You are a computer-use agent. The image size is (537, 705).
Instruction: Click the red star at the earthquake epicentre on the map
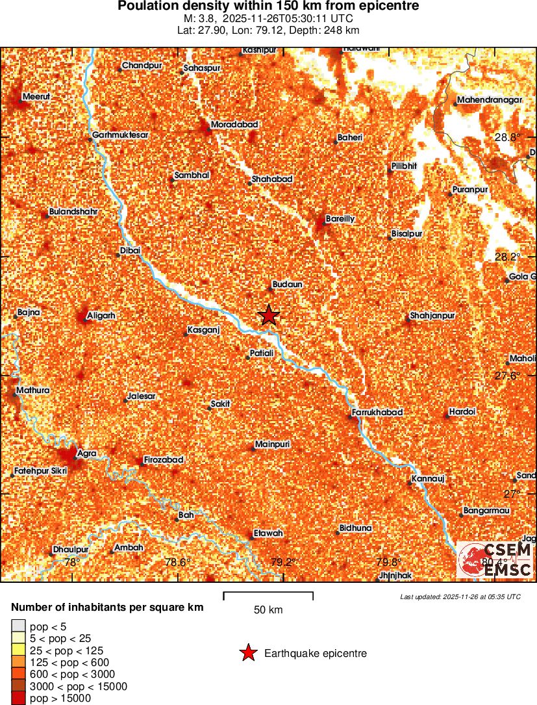point(269,315)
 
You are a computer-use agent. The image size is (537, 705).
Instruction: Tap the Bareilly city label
point(340,219)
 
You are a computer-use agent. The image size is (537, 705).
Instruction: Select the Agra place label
point(87,453)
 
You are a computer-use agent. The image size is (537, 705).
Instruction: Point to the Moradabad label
point(235,124)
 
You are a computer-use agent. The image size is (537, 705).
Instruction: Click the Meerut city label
point(36,97)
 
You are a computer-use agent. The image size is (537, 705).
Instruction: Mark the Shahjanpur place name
point(432,316)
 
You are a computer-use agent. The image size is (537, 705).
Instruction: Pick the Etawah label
point(269,533)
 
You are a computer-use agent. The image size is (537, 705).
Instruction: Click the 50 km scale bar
point(268,596)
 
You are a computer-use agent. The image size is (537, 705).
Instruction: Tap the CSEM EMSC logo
point(495,559)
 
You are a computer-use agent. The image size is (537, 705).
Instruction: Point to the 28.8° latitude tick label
point(508,137)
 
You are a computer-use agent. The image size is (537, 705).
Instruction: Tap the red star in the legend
point(248,654)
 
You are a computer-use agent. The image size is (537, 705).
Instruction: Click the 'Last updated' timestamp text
point(460,596)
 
